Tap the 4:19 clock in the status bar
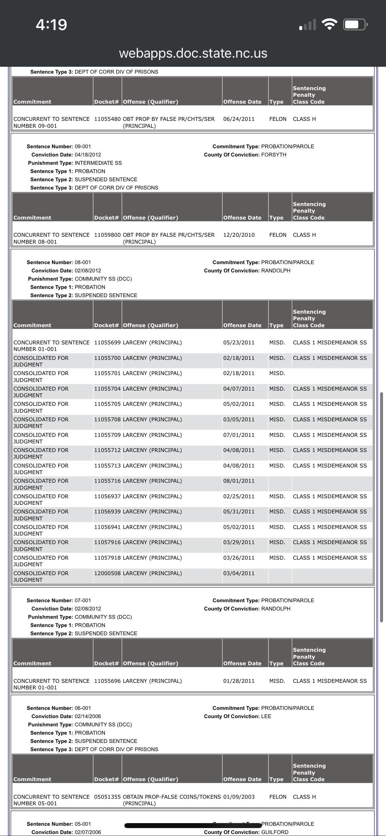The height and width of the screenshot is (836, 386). coord(51,25)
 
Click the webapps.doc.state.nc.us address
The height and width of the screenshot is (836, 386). coord(193,53)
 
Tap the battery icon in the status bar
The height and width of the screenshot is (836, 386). coord(354,25)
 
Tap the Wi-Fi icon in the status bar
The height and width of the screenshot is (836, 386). coord(329,25)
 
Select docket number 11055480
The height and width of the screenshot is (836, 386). coord(107,119)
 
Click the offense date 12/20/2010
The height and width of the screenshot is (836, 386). coord(239,235)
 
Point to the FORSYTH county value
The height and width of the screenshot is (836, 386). coord(273,155)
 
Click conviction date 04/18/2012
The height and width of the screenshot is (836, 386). coord(88,155)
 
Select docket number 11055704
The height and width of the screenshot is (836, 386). coord(107,389)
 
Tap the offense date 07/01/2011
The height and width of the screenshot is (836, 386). coord(239,435)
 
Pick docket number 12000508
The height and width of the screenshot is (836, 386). coord(107,573)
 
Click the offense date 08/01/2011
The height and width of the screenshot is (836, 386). coord(239,481)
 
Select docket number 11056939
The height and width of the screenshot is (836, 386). coord(107,511)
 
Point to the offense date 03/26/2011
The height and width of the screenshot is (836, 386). coord(239,558)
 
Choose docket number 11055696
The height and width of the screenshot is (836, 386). coord(107,681)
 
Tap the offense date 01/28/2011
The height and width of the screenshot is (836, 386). coord(239,681)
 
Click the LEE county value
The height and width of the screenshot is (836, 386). coord(266,716)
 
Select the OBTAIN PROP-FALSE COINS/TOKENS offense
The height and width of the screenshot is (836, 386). coord(172,797)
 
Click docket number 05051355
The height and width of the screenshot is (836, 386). coord(107,797)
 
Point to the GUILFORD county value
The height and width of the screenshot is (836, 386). coord(274,832)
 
